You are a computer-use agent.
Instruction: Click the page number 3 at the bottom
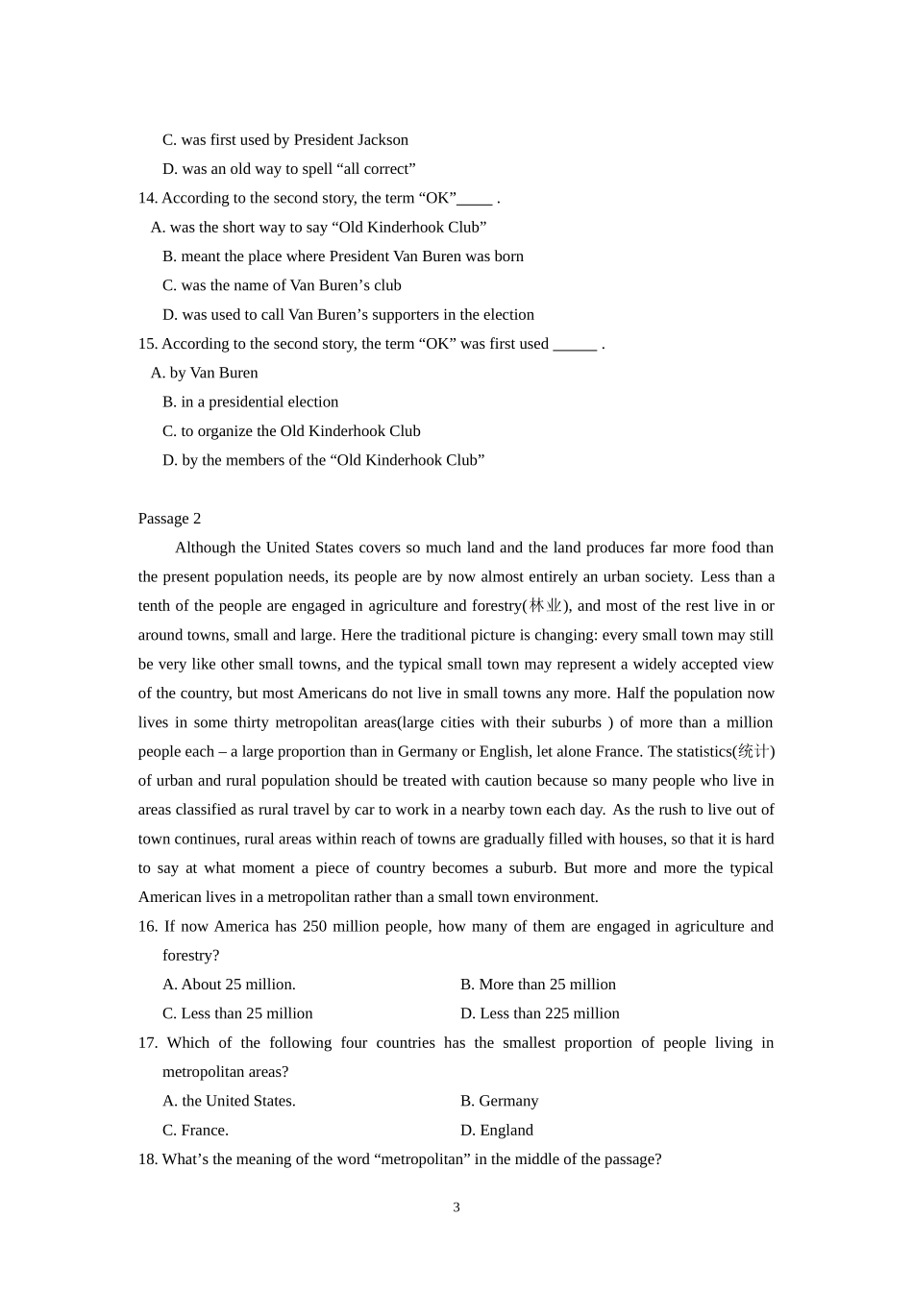pos(456,1207)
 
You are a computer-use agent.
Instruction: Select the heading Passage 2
pos(169,519)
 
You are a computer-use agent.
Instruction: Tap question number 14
pos(147,198)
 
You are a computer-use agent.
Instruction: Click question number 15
pos(147,344)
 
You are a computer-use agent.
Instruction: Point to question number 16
pos(148,926)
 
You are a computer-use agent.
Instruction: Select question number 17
pos(148,1042)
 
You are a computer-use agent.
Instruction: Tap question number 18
pos(147,1159)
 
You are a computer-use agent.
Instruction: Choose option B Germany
pos(499,1101)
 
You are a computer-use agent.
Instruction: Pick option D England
pos(496,1131)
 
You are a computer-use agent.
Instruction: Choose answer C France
pos(195,1131)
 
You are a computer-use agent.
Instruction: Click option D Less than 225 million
pos(539,1013)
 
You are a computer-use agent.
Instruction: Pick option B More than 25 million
pos(537,985)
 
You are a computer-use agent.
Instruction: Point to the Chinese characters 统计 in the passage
pos(753,751)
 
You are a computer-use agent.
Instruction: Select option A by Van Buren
pos(204,373)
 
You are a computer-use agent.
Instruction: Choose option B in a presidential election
pos(250,402)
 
